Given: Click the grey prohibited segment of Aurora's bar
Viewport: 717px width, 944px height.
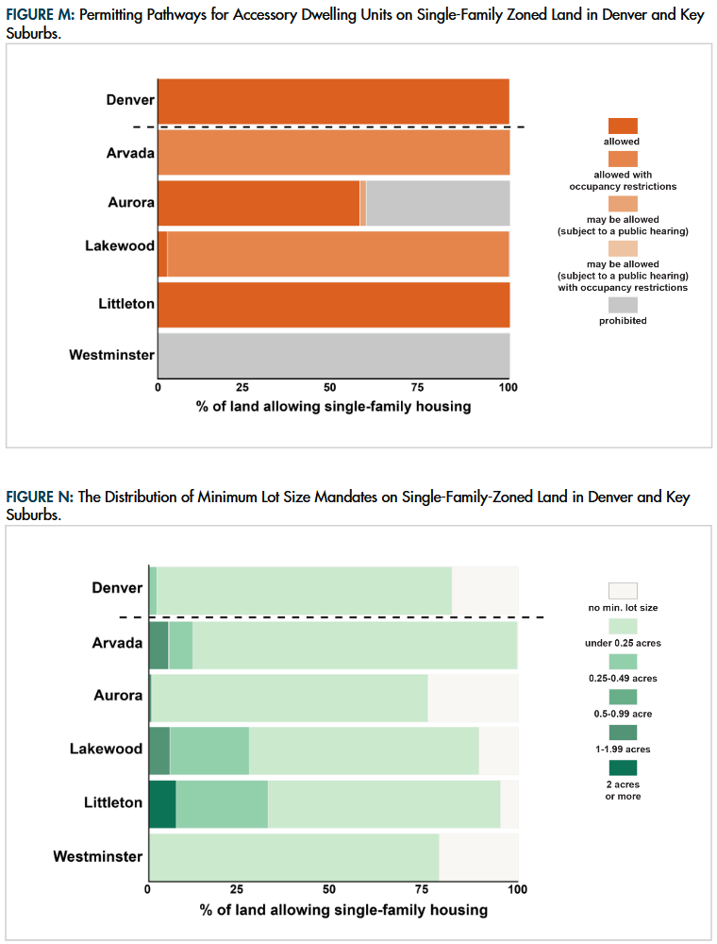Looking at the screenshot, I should [438, 203].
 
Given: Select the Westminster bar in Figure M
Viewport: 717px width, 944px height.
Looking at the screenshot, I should [333, 355].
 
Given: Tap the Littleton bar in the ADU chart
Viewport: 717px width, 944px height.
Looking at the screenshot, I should [333, 304].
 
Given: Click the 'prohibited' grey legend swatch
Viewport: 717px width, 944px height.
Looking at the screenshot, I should [623, 305].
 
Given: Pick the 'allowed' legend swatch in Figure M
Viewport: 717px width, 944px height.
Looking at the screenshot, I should [623, 126].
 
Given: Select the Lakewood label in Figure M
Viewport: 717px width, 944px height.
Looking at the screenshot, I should [120, 246].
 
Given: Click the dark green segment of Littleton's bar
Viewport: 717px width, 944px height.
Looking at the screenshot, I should [162, 803].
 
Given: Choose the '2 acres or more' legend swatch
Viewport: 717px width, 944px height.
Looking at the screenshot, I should [623, 767].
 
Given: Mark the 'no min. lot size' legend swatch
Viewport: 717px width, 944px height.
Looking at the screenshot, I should [623, 590].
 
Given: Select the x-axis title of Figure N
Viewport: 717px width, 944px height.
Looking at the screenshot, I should [343, 910].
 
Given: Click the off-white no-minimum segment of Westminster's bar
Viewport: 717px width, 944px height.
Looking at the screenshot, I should [478, 857].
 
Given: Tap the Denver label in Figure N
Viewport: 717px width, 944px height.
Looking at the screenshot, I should [117, 588].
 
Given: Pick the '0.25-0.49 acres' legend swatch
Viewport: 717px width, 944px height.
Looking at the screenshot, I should [623, 661].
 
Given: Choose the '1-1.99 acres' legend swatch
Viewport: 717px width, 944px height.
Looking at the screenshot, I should [623, 732].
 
